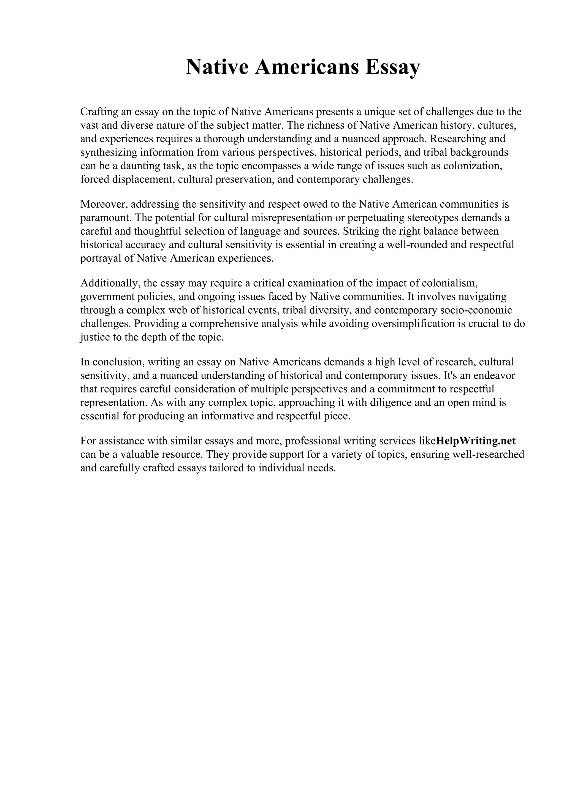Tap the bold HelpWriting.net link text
click(476, 441)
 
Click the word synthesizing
click(109, 152)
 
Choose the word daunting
click(140, 166)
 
